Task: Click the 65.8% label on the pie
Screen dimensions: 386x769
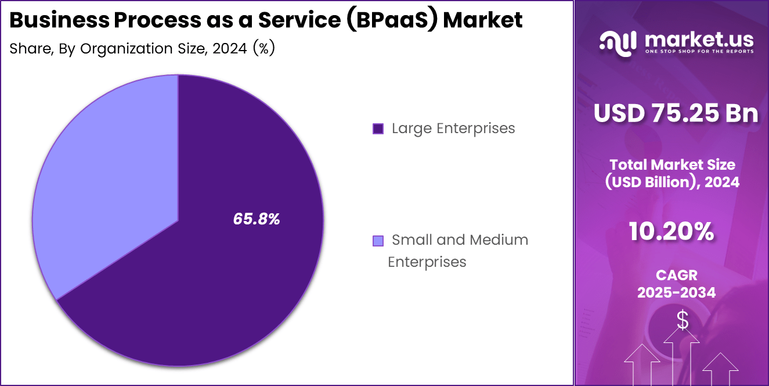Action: [257, 219]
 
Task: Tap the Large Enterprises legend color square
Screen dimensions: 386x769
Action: [378, 129]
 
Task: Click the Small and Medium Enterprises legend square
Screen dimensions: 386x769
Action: [378, 241]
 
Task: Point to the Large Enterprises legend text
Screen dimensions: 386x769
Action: [453, 128]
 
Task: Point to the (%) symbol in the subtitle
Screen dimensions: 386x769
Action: [263, 49]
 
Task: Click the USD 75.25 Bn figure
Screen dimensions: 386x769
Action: [676, 113]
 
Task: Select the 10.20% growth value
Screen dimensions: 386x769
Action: [671, 232]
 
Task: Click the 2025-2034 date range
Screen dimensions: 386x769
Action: [676, 293]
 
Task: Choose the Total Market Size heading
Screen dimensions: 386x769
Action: [672, 165]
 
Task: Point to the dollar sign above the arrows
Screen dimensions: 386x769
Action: [683, 320]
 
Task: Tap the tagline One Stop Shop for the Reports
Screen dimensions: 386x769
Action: [699, 52]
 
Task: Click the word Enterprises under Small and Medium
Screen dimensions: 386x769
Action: [427, 262]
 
